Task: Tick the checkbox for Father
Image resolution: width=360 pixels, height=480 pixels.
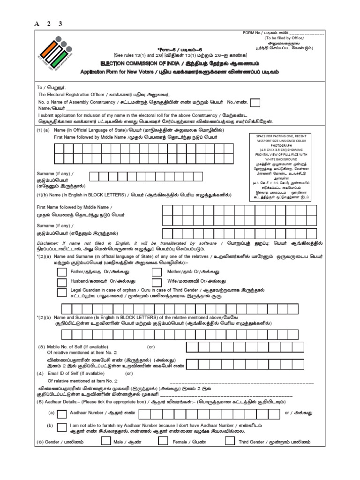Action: point(62,272)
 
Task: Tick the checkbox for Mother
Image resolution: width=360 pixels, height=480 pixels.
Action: point(157,272)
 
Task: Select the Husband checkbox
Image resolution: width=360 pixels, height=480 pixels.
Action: point(62,282)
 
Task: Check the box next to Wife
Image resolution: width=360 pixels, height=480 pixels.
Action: point(157,282)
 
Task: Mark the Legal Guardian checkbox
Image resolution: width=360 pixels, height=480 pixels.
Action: point(62,293)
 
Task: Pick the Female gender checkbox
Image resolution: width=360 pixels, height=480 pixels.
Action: point(163,441)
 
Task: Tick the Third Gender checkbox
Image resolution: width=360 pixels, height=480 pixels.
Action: point(230,441)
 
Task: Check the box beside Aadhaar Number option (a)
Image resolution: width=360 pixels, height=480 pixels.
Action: point(62,413)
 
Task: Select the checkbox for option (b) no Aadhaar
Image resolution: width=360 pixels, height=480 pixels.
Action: point(62,427)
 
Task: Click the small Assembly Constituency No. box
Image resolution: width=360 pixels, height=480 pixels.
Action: point(256,103)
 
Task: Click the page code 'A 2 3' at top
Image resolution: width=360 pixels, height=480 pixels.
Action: point(48,24)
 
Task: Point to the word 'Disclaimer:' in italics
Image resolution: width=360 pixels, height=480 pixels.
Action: point(50,243)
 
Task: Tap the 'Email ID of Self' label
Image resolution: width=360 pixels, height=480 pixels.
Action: point(75,374)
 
